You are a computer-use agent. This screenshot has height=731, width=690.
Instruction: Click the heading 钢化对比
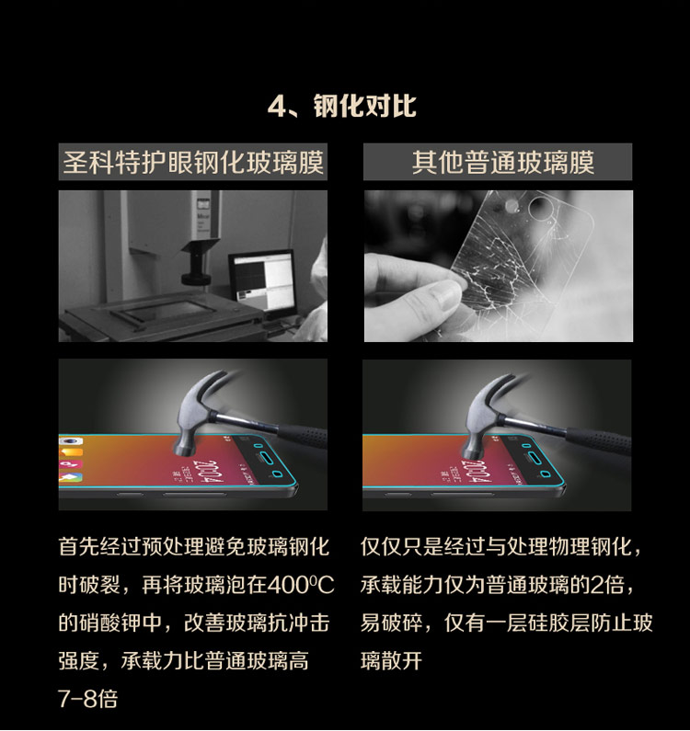[x=364, y=106]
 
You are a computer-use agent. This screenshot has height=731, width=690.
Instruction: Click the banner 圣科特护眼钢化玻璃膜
[x=192, y=162]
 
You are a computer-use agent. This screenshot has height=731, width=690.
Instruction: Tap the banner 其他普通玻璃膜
[x=498, y=162]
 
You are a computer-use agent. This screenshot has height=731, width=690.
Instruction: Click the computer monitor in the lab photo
[x=262, y=282]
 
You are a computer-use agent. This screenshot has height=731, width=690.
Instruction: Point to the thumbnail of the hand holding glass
[x=499, y=266]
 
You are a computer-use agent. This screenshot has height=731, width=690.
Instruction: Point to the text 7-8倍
[x=87, y=699]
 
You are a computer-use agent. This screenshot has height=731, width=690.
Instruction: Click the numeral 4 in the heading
[x=277, y=107]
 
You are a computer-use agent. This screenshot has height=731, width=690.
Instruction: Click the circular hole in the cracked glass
[x=541, y=207]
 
